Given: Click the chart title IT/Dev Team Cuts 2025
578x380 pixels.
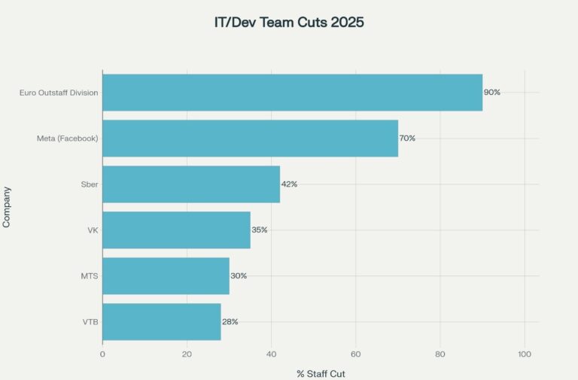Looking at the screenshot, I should [x=289, y=23].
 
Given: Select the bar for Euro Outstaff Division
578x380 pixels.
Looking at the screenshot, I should [x=292, y=93].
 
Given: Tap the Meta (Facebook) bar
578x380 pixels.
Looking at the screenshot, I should [x=250, y=138].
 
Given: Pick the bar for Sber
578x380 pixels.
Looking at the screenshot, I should [x=191, y=184].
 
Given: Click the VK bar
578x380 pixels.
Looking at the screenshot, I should [x=176, y=230].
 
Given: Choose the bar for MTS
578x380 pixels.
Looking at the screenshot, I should [x=166, y=276].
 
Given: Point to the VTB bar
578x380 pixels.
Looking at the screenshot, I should [x=161, y=322].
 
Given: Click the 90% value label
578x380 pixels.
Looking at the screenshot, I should [x=492, y=93].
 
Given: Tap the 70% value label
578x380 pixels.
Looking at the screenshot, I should [x=408, y=138].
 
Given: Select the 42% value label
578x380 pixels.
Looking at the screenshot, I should [x=290, y=184].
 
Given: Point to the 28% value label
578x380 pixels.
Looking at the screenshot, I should [x=230, y=322].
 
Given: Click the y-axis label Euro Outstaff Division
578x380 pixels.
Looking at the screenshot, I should [x=59, y=93].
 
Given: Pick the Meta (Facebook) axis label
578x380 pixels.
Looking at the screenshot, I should [x=68, y=138].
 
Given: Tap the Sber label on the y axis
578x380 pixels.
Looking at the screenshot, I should [x=90, y=184].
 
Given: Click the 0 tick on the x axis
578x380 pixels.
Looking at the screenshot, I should [x=102, y=353].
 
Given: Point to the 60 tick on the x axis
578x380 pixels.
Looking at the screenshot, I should [x=356, y=353].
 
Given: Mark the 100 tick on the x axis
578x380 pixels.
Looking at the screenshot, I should [x=525, y=353].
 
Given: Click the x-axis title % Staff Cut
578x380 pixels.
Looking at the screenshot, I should [x=321, y=373].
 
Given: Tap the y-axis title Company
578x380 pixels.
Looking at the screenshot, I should [x=7, y=208].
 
